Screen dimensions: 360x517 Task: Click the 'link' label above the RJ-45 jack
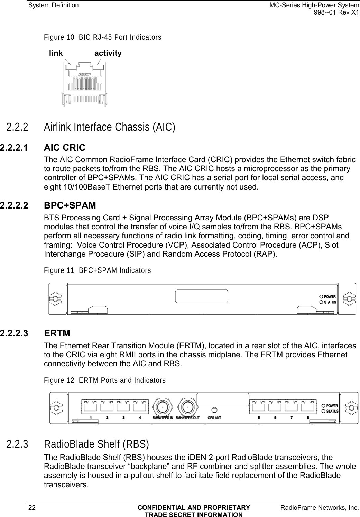[x=56, y=53]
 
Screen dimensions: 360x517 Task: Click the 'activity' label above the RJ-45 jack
[x=108, y=53]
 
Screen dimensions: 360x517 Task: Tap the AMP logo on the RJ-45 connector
[x=85, y=75]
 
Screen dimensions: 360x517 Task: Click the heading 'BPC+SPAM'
[x=70, y=205]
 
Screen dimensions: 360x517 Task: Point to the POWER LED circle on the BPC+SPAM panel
[x=321, y=297]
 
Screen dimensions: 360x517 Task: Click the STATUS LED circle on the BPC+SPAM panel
[x=321, y=302]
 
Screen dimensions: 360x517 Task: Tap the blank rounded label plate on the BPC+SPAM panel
[x=202, y=296]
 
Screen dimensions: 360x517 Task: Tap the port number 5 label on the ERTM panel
[x=259, y=417]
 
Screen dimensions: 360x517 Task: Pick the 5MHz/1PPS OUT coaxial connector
[x=187, y=407]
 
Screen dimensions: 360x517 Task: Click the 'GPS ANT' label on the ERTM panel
[x=214, y=417]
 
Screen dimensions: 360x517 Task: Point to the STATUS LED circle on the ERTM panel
[x=323, y=411]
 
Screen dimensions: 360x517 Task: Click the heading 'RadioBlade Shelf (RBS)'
[x=96, y=444]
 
